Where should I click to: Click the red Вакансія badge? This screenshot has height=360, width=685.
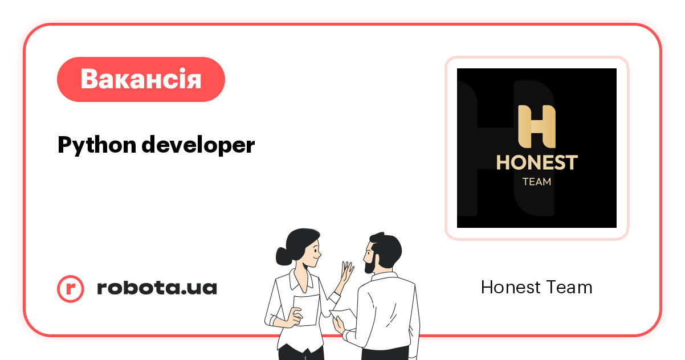[x=141, y=79]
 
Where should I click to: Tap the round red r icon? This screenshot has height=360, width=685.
[x=71, y=288]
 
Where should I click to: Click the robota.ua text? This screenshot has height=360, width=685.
[x=157, y=288]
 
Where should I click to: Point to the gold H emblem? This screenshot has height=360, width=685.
[x=536, y=126]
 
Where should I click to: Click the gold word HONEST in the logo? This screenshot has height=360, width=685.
[x=536, y=162]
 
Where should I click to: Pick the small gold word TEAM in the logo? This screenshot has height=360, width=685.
[x=537, y=182]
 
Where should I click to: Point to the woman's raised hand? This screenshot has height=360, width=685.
[x=346, y=272]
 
